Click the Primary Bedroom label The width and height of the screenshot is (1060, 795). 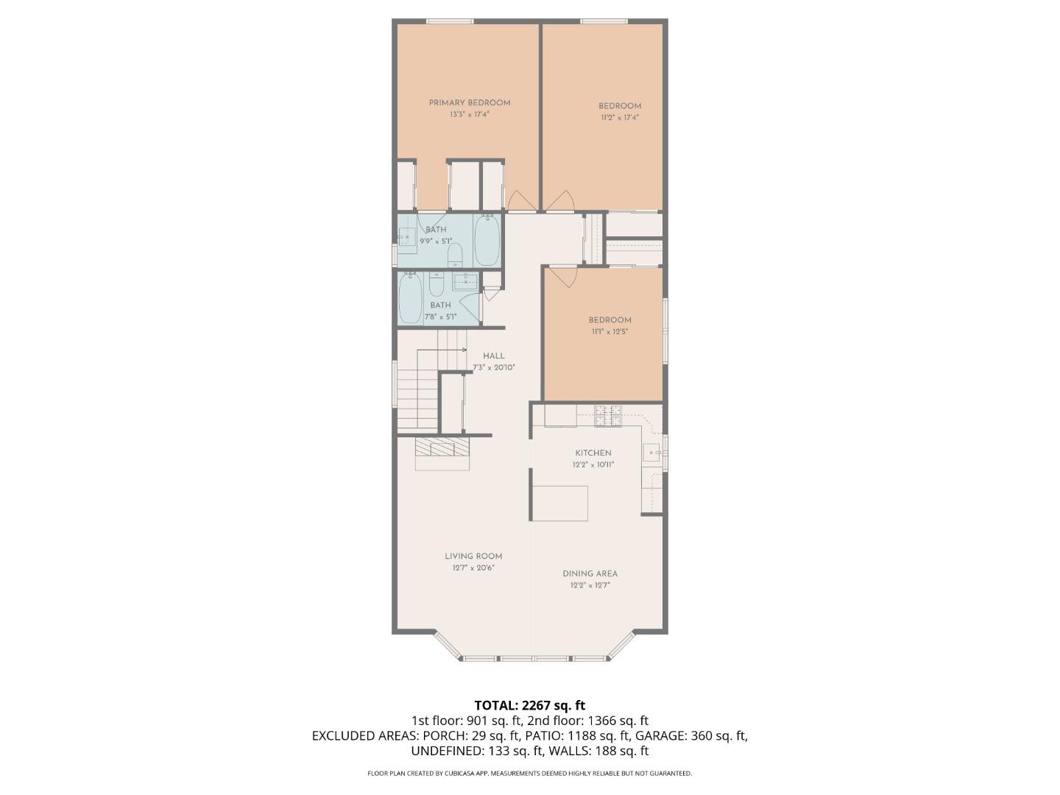469,103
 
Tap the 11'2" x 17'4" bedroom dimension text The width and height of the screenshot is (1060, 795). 619,118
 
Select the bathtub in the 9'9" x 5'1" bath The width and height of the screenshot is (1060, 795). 487,240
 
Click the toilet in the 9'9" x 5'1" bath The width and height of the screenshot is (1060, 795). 455,255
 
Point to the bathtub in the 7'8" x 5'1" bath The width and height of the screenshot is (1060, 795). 410,298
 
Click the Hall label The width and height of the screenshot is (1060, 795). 493,356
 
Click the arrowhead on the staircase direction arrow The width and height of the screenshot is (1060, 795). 464,348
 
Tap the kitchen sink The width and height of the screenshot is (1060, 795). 651,451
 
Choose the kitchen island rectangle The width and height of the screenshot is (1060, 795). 559,503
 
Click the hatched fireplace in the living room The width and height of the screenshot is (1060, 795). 442,447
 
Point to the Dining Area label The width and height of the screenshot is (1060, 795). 590,574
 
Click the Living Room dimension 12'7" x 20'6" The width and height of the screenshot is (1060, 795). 473,568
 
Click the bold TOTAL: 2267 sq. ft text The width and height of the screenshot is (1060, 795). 529,706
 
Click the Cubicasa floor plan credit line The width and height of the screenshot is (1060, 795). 529,774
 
